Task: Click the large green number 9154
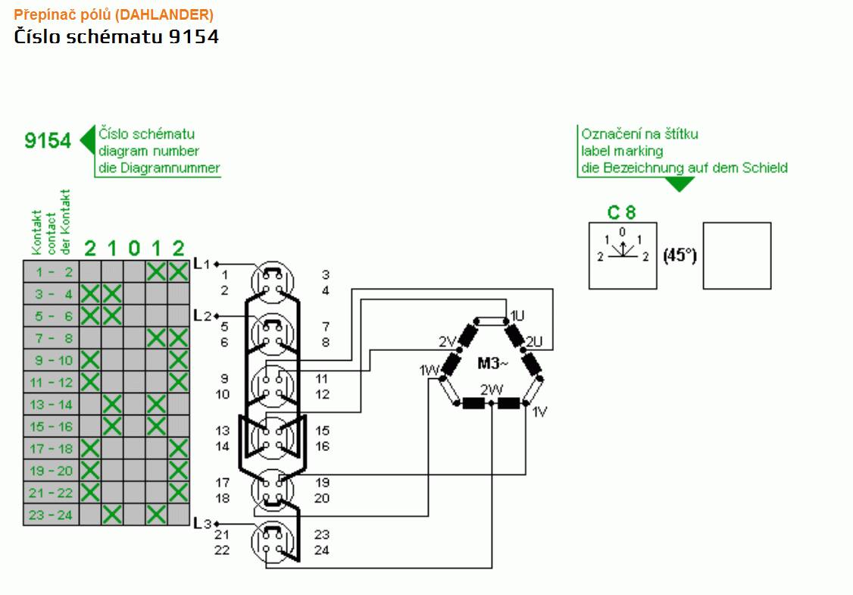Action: coord(48,140)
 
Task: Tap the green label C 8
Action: coord(622,212)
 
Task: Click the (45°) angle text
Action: coord(680,255)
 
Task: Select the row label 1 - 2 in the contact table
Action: coord(53,272)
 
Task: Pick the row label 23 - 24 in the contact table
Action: coord(52,515)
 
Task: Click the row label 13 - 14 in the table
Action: coord(52,405)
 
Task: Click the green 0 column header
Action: coord(134,249)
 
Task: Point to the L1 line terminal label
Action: coord(202,264)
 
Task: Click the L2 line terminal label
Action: coord(202,316)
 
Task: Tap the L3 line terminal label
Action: coord(202,524)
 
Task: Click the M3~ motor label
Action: coord(493,362)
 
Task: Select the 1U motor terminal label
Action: coord(517,316)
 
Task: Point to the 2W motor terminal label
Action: coord(491,390)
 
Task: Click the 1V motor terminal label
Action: coord(539,412)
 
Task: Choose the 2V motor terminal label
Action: coord(447,341)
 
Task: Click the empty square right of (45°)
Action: coord(737,255)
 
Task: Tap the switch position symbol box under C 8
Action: coord(623,255)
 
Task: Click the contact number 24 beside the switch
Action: coord(321,550)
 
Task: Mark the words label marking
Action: coord(622,151)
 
